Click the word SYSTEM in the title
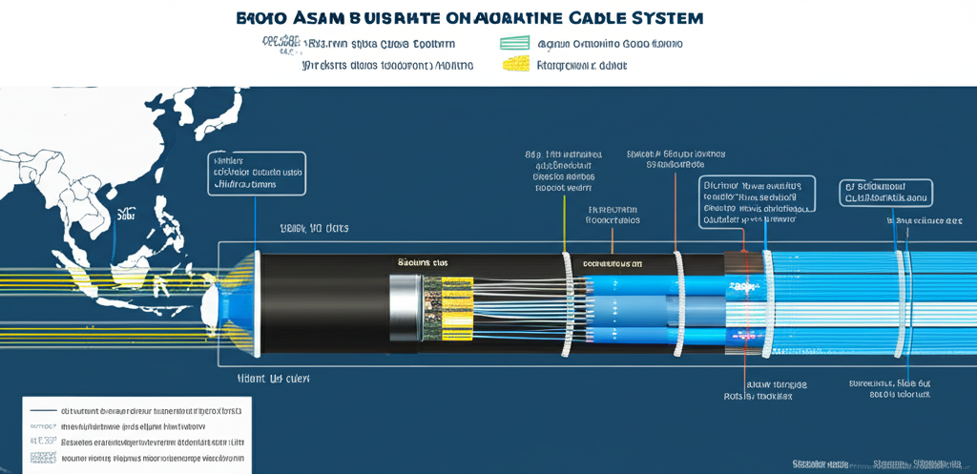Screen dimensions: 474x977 [x=655, y=18]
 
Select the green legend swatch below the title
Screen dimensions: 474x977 [x=513, y=44]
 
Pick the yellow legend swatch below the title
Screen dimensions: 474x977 [x=514, y=66]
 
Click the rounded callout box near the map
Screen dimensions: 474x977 [x=256, y=174]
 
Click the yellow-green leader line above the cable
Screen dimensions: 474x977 [x=565, y=219]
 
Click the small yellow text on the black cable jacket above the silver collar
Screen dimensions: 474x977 [x=421, y=260]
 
